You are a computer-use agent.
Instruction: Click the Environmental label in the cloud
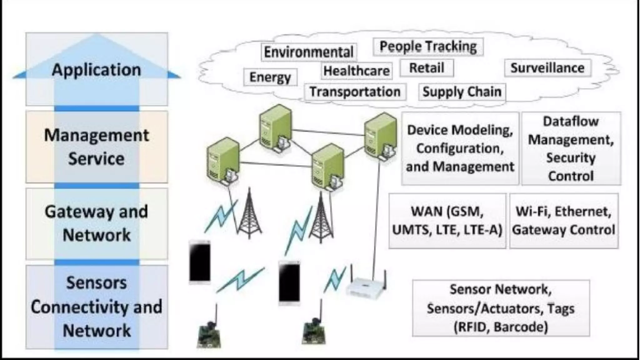pos(308,52)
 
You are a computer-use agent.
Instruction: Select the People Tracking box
pos(428,47)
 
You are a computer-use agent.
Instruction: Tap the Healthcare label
pos(357,71)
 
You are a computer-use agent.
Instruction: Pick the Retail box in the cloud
pos(427,68)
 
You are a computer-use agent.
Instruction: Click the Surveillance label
pos(547,68)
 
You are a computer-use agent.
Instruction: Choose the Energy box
pos(270,77)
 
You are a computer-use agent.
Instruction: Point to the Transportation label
pos(355,92)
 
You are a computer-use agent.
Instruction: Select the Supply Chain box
pos(462,92)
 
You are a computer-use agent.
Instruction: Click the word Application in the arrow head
pos(96,69)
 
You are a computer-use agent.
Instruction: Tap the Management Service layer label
pos(96,147)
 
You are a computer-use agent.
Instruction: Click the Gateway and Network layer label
pos(96,223)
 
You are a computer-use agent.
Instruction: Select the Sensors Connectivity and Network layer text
pos(96,307)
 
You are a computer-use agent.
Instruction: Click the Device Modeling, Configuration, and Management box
pos(460,148)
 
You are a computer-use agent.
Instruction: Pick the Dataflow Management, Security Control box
pos(571,148)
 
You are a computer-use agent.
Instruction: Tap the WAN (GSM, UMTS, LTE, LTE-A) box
pos(447,221)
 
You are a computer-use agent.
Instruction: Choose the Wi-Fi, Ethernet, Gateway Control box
pos(564,221)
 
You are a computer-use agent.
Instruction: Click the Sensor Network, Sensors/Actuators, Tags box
pos(501,308)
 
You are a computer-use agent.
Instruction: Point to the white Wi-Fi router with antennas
pos(366,286)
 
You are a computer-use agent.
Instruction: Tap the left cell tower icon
pos(249,216)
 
